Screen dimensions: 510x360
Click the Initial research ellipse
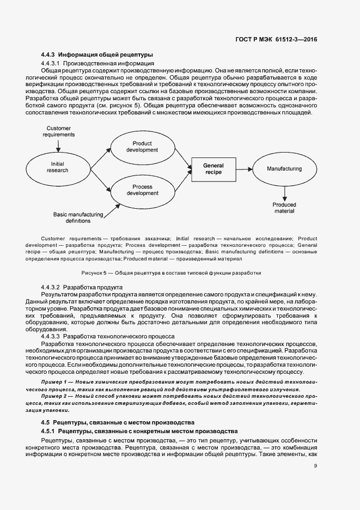point(58,167)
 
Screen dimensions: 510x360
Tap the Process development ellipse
point(142,190)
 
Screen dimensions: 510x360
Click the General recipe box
point(213,168)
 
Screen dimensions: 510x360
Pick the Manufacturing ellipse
point(284,169)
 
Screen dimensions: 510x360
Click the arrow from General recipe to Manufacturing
point(245,169)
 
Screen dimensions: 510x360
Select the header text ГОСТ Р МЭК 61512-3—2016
point(276,39)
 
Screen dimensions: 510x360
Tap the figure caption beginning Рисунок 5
point(171,272)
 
